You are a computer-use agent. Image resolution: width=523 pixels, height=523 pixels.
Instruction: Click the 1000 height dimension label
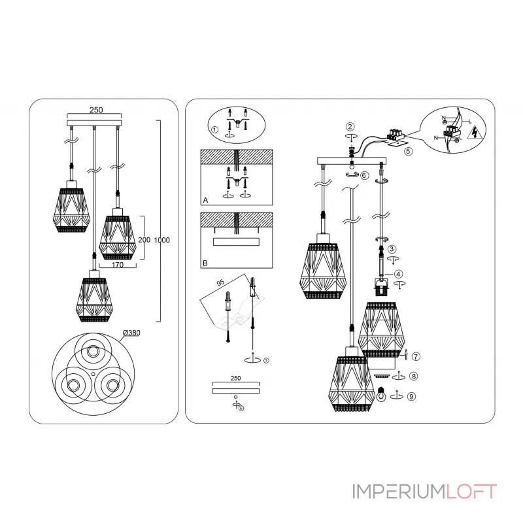pyautogui.click(x=162, y=240)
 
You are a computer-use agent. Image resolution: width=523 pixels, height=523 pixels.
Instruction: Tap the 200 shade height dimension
pyautogui.click(x=144, y=240)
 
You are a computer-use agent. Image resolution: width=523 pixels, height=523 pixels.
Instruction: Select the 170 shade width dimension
pyautogui.click(x=118, y=265)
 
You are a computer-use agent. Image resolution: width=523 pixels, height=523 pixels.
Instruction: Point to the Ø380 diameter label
pyautogui.click(x=132, y=333)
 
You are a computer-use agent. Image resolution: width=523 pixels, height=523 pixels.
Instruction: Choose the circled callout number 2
pyautogui.click(x=350, y=126)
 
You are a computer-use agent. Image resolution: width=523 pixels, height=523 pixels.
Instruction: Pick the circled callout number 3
pyautogui.click(x=392, y=249)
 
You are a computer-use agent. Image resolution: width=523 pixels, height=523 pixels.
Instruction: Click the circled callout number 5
pyautogui.click(x=408, y=151)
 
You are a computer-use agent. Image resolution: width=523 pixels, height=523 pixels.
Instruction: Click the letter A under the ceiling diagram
pyautogui.click(x=205, y=201)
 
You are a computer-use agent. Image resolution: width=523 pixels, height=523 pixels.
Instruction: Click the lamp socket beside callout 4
pyautogui.click(x=379, y=284)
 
